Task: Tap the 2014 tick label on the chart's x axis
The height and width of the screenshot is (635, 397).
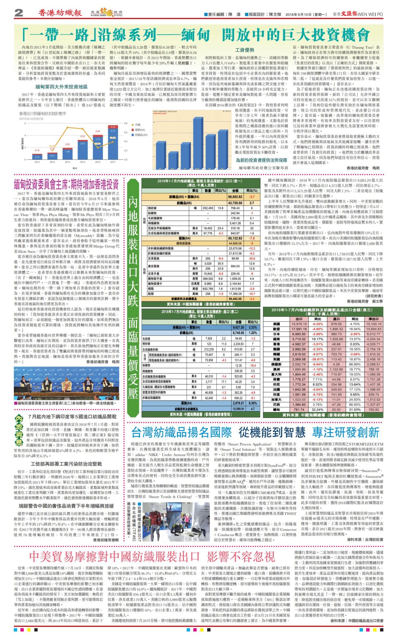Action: tap(67, 162)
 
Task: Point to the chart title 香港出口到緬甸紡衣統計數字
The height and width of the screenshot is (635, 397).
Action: tap(43, 113)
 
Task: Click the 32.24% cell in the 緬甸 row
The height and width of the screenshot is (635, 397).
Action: tap(318, 409)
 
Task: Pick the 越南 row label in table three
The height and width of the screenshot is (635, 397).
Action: tap(276, 339)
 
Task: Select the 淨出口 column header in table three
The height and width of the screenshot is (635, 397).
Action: tap(374, 319)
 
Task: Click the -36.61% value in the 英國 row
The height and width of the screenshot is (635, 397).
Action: tap(318, 359)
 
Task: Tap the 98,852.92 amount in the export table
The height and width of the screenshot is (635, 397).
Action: tap(235, 197)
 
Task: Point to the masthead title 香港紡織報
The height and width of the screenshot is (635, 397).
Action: tap(60, 13)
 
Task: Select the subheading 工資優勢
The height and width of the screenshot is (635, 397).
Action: tap(245, 50)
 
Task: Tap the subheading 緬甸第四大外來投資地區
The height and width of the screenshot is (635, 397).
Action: tap(62, 87)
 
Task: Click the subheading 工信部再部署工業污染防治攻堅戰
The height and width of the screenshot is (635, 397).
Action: tap(66, 464)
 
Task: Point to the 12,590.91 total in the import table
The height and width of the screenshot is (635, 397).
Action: tap(239, 409)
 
